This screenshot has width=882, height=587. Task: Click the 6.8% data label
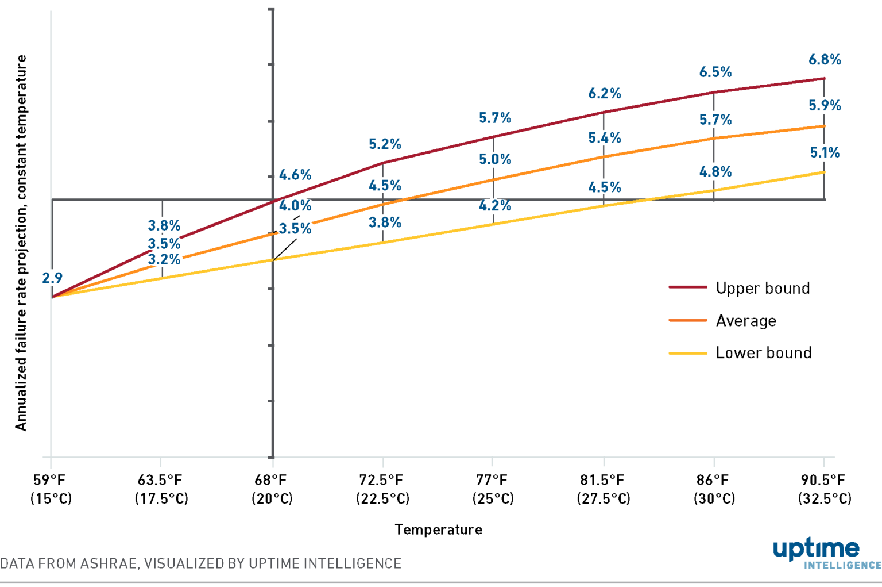coord(825,60)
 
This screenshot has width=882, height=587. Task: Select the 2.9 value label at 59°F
coord(52,278)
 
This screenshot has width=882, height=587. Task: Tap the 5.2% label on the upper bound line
coord(385,144)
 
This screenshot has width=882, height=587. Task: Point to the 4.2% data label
coord(495,206)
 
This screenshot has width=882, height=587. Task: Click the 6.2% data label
coord(605,94)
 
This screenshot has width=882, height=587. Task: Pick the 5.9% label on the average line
coord(825,106)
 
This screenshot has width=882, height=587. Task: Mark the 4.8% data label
coord(715,172)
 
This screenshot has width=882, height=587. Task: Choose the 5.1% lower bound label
coord(825,153)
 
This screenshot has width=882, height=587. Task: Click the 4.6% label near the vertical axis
coord(295,175)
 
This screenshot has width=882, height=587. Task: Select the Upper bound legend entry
coord(762,288)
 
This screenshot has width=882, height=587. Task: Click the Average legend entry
coord(745,321)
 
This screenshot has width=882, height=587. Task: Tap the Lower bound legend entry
coord(763,353)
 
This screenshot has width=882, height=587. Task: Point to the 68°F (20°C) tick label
coord(272,489)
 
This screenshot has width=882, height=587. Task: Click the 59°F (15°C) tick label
coord(51,489)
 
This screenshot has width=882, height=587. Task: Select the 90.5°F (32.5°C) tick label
coord(824,489)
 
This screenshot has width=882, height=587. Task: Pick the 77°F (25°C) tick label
coord(493,489)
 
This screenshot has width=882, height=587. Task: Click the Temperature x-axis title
coord(438,530)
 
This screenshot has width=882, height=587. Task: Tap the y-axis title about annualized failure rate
coord(21,243)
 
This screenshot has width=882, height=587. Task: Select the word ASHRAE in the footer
coord(109,563)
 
